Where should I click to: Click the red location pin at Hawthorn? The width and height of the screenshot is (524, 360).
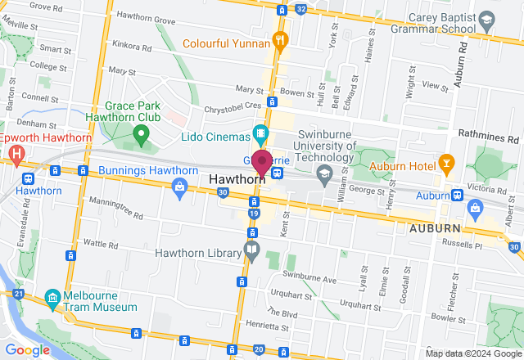262,161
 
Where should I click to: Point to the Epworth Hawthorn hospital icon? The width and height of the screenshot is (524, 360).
15,152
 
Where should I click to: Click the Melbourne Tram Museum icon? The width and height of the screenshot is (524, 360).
52,297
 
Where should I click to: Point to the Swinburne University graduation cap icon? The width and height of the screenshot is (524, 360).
325,173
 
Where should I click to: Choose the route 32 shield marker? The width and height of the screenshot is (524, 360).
301,9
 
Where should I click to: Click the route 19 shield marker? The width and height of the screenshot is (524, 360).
255,214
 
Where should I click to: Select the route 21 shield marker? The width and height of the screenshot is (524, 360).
17,293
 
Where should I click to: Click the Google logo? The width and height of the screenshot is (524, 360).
28,349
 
